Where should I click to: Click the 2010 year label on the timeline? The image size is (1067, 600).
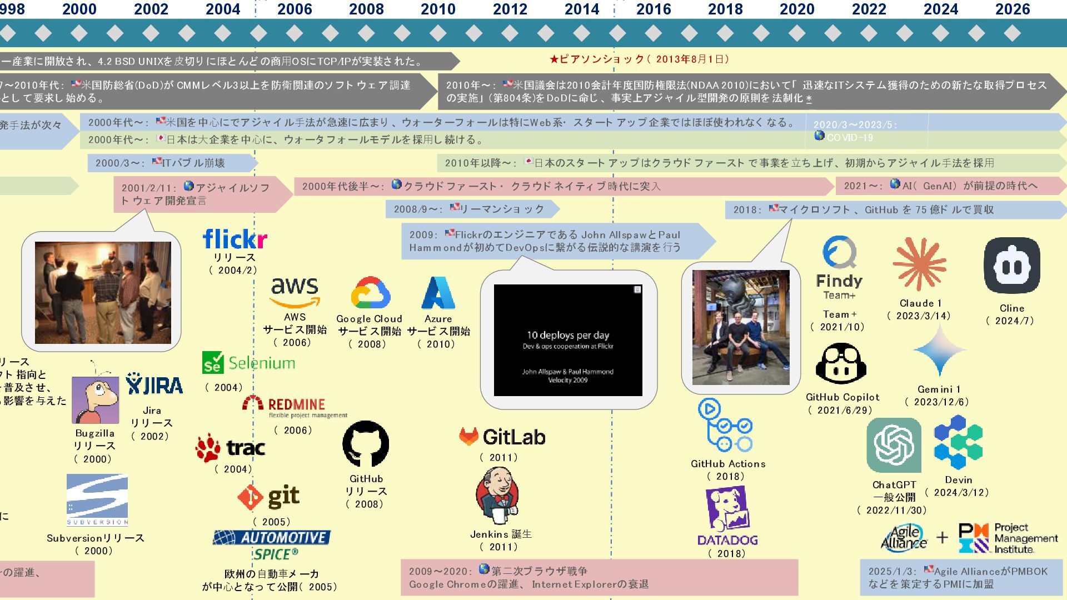[x=438, y=9]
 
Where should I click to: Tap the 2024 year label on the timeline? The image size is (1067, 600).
[x=940, y=9]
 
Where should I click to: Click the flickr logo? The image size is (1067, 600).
[x=235, y=239]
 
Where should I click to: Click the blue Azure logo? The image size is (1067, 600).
[x=438, y=293]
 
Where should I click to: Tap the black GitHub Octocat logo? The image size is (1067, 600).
[x=366, y=444]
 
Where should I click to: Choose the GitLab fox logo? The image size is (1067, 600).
[x=468, y=437]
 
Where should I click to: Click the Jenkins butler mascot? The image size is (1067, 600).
[x=497, y=495]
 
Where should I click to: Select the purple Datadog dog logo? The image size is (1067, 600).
[x=727, y=510]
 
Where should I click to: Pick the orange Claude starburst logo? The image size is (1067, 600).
[x=919, y=264]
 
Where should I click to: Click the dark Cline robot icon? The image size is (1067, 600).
[x=1011, y=266]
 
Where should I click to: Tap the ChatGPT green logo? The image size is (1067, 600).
[x=894, y=445]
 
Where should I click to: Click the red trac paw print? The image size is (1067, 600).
[x=208, y=448]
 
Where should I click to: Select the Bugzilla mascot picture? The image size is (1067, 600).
[x=95, y=399]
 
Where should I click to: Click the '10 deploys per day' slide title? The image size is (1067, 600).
[x=568, y=335]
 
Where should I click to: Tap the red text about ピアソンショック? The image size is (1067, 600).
[x=639, y=59]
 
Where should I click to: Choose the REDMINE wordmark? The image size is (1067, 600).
[x=296, y=404]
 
